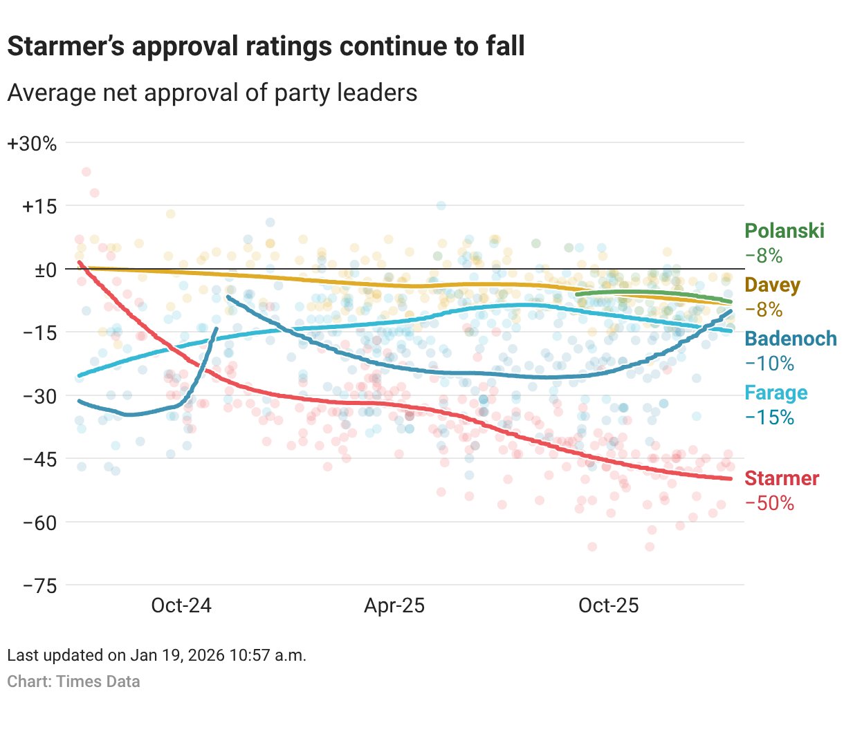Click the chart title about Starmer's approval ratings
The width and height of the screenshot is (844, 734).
coord(266,46)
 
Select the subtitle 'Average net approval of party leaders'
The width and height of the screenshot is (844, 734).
coord(212,93)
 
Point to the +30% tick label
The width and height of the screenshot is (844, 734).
coord(32,144)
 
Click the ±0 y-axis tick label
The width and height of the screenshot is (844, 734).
coord(46,270)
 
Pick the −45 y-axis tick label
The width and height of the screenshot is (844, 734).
coord(39,459)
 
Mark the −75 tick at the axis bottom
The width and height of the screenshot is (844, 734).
coord(39,585)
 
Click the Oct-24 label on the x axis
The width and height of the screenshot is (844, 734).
coord(181,605)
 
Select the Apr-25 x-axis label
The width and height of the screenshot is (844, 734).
coord(394,605)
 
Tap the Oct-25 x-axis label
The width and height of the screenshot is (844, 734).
coord(608,605)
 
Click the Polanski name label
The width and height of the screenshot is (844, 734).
coord(785,231)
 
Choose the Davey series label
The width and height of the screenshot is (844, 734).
coord(772,285)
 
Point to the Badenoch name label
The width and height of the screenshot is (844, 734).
coord(790,339)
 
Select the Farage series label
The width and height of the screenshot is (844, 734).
coord(776,393)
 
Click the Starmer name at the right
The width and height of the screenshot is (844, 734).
coord(782,478)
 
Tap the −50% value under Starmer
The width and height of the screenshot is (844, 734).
coord(769,503)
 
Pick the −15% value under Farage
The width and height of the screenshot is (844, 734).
coord(769,417)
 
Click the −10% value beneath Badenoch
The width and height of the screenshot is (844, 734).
coord(769,364)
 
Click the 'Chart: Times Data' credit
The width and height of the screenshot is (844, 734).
coord(73,681)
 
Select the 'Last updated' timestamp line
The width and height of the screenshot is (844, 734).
coord(156,655)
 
